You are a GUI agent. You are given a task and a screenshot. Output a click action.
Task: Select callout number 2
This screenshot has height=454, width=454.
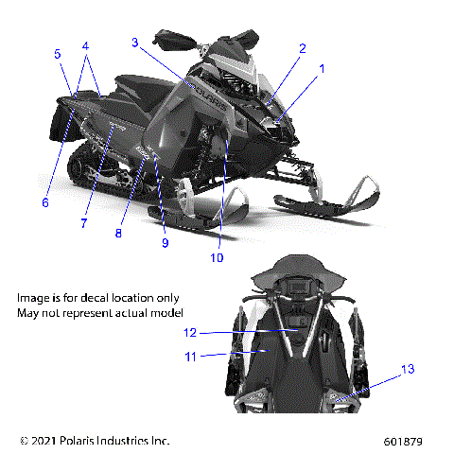click(x=303, y=48)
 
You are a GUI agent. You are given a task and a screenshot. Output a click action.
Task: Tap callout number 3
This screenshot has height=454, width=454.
click(x=136, y=42)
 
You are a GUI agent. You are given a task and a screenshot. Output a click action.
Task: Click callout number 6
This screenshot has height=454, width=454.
click(x=44, y=201)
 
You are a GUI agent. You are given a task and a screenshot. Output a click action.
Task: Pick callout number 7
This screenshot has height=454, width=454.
click(x=83, y=223)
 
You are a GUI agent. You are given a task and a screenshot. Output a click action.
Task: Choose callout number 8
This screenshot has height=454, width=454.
click(x=119, y=233)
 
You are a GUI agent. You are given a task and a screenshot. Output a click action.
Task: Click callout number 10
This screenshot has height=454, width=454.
click(x=217, y=256)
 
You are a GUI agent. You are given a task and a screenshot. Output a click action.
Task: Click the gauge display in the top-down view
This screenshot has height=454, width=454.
click(x=301, y=287)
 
